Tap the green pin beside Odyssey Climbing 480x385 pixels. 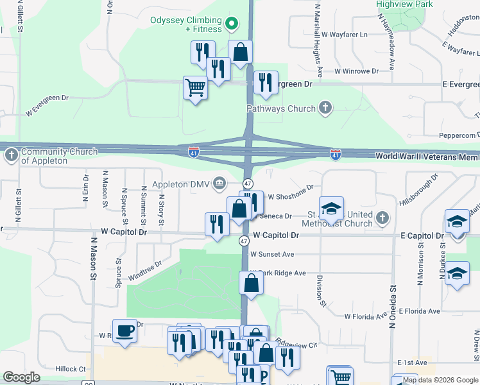[234, 26]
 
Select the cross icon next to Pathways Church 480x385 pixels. [325, 107]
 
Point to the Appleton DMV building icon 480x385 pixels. [219, 184]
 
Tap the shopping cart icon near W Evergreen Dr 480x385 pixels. [195, 87]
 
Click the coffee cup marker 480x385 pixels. [124, 330]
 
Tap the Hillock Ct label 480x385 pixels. [71, 369]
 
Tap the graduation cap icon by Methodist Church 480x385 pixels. [331, 208]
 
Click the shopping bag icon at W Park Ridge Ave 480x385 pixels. [251, 282]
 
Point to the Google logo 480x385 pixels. [22, 377]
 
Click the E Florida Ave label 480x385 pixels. [419, 311]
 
